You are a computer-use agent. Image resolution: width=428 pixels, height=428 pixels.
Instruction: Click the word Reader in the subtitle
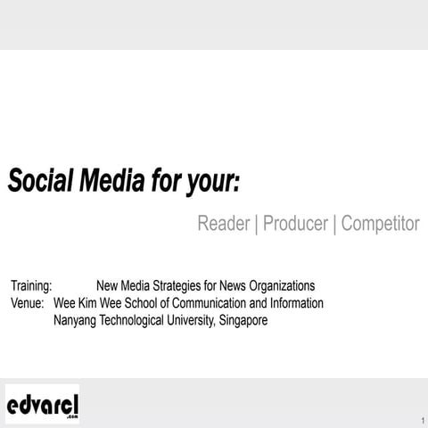[x=223, y=224]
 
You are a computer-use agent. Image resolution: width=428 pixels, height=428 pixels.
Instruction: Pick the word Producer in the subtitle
[x=295, y=224]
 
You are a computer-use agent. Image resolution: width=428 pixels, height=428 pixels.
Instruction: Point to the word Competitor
[x=380, y=224]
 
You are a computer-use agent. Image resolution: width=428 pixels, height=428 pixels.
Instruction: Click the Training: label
[x=32, y=286]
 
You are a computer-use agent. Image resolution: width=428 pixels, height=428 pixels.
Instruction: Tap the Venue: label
[x=28, y=303]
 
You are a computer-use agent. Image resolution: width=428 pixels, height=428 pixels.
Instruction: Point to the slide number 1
[x=421, y=420]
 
